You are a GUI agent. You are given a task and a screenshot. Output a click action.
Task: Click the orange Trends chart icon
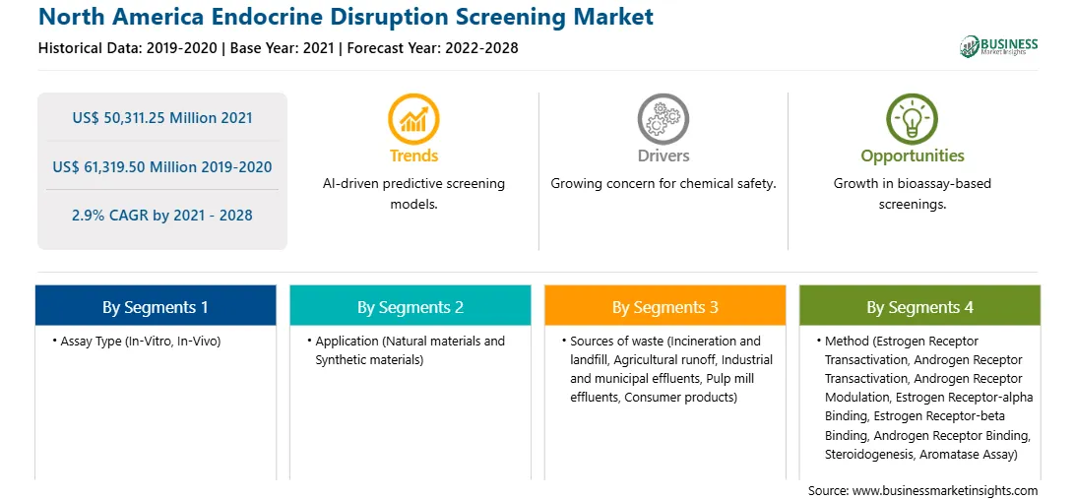tap(413, 119)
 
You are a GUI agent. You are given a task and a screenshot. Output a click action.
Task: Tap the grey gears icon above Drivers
tap(663, 119)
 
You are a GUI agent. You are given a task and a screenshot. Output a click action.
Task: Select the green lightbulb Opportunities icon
tap(912, 119)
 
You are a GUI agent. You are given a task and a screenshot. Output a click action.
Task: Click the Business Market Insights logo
tap(999, 46)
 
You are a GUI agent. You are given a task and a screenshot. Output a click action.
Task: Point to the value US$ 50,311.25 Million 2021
tap(162, 118)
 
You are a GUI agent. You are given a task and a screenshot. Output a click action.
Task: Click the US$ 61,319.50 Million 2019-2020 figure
tap(162, 166)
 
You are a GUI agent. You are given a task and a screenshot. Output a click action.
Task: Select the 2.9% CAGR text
tap(162, 216)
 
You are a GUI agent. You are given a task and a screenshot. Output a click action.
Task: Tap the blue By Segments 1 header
tap(156, 306)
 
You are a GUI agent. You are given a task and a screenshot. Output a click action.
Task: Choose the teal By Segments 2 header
tap(410, 306)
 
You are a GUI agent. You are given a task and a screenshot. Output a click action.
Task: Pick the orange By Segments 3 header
tap(665, 306)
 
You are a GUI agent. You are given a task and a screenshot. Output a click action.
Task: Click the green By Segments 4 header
tap(920, 306)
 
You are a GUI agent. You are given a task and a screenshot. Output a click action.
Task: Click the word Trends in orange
tap(413, 156)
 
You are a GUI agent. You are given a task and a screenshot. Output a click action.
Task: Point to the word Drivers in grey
tap(663, 156)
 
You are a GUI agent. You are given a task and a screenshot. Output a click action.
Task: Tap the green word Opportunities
tap(913, 156)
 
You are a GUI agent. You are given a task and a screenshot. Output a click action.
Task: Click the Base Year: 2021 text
tap(282, 48)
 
